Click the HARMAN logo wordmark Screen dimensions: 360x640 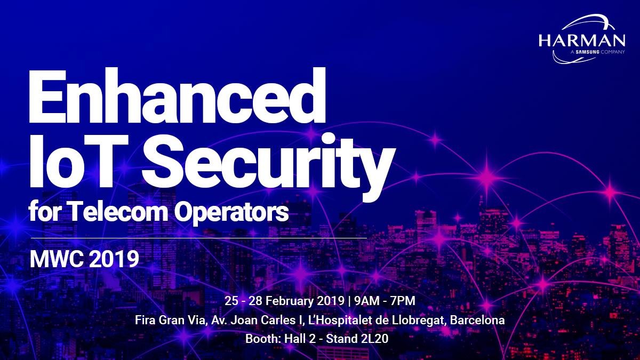point(581,41)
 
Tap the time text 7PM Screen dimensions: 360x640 point(402,300)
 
